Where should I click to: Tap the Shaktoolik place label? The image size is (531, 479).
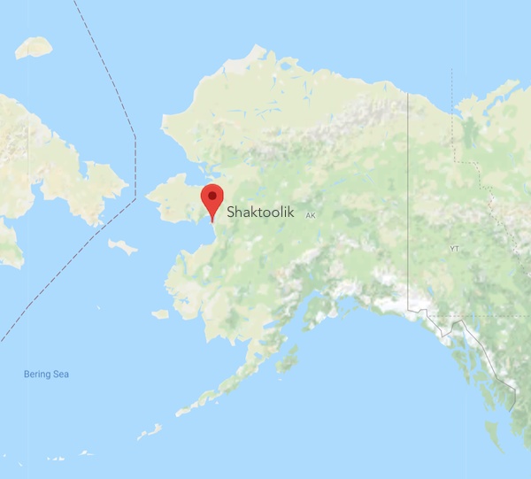click(260, 212)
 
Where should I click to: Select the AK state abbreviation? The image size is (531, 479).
click(310, 215)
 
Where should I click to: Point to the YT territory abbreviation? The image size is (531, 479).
click(455, 249)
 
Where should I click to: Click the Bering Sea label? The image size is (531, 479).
click(46, 375)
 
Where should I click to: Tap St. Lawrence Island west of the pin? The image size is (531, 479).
click(122, 245)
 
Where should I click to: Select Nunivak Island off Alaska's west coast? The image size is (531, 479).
click(160, 313)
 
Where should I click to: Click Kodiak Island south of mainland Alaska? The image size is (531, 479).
click(285, 359)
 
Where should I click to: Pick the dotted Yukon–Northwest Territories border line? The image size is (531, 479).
click(453, 115)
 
